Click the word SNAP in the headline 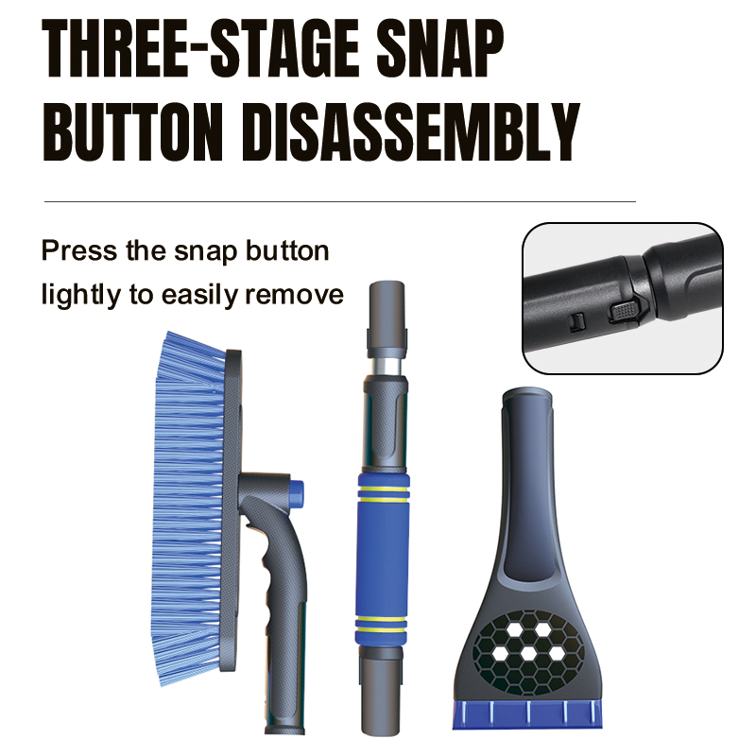440,48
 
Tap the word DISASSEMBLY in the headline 411,132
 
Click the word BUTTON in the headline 133,132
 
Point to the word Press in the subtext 79,250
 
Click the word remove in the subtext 295,295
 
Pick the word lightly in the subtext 81,295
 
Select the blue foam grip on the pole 383,559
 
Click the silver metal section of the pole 386,366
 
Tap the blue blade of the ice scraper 527,714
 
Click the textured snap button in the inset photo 626,312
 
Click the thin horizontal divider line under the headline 340,201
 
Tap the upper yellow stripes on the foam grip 384,492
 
